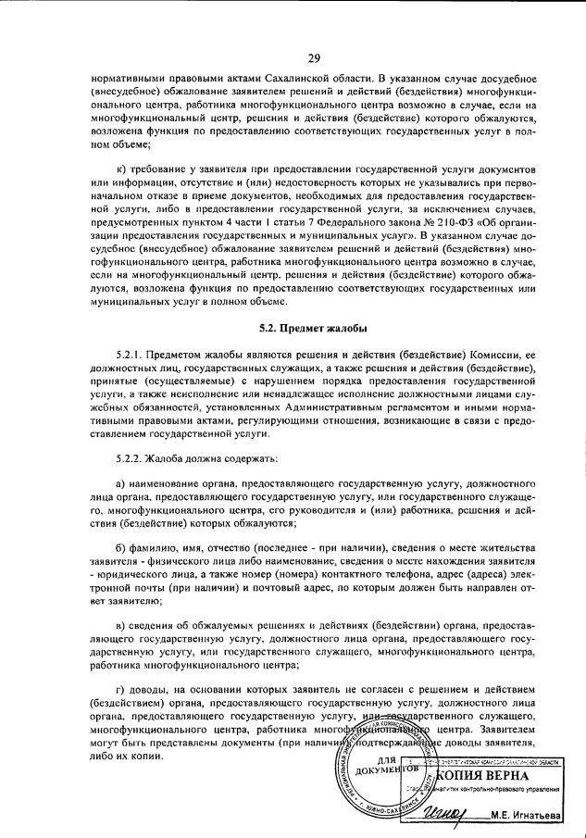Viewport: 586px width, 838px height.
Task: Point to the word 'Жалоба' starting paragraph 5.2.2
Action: tap(173, 458)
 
